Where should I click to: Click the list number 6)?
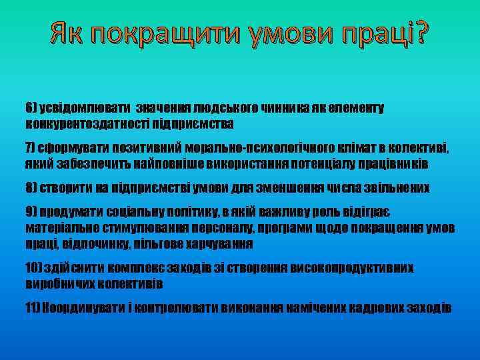pyautogui.click(x=31, y=107)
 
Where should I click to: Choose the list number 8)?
pyautogui.click(x=32, y=188)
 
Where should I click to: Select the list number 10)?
pyautogui.click(x=34, y=268)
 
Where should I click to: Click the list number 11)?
pyautogui.click(x=34, y=307)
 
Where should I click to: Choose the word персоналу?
pyautogui.click(x=216, y=229)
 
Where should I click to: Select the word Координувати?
pyautogui.click(x=79, y=307)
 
